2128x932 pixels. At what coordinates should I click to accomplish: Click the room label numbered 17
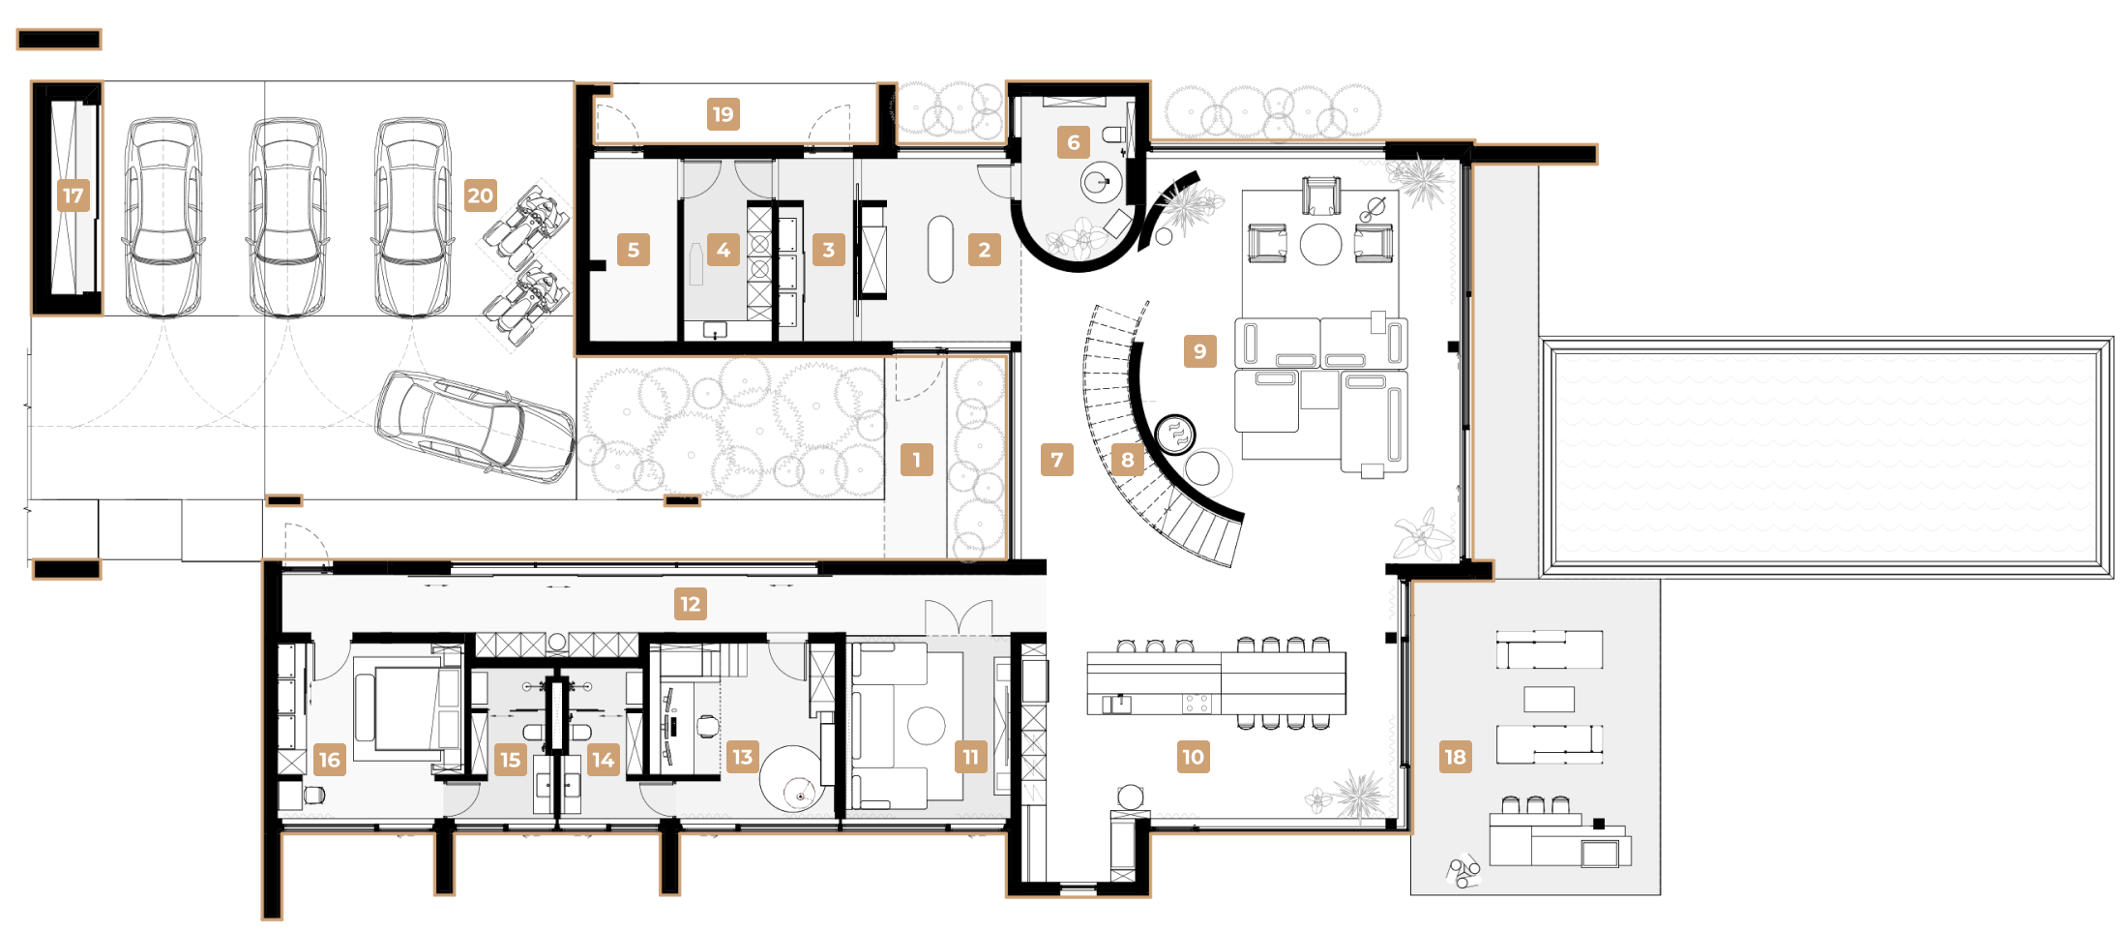pos(74,195)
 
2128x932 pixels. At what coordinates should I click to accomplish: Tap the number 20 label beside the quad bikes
pos(481,195)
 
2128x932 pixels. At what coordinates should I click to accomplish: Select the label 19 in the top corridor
pos(723,114)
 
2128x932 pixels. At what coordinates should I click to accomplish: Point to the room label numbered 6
pos(1074,142)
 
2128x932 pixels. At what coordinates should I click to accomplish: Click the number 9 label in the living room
pos(1200,350)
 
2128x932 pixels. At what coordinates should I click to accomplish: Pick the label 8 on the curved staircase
pos(1128,460)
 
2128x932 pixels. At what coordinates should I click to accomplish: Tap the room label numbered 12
pos(691,604)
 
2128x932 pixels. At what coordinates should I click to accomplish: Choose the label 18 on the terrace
pos(1456,757)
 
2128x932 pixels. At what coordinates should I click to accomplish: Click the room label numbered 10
pos(1194,757)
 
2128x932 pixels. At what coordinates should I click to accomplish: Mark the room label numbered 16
pos(330,760)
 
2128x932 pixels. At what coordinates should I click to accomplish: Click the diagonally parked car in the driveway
pos(475,427)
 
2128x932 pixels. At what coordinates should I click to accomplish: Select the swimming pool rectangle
pos(1826,458)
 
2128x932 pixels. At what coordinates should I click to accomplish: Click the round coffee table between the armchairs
pos(1320,244)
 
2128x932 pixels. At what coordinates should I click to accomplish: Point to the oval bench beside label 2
pos(940,250)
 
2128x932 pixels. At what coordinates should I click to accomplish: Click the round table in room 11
pos(926,726)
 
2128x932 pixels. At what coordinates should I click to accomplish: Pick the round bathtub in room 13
pos(791,778)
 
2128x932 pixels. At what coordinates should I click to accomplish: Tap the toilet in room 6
pos(1113,135)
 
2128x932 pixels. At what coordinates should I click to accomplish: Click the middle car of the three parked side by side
pos(288,218)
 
